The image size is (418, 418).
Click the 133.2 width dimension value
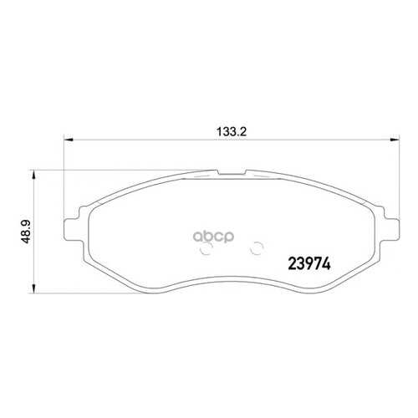pyautogui.click(x=232, y=131)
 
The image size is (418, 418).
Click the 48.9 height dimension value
pyautogui.click(x=26, y=232)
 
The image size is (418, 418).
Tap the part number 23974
pyautogui.click(x=309, y=263)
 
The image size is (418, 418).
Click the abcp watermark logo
pyautogui.click(x=213, y=237)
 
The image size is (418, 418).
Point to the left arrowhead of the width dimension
pyautogui.click(x=69, y=140)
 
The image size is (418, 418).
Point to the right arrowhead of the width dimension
pyautogui.click(x=395, y=140)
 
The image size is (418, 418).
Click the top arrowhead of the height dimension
pyautogui.click(x=33, y=176)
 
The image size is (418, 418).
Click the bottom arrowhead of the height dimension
pyautogui.click(x=33, y=288)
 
